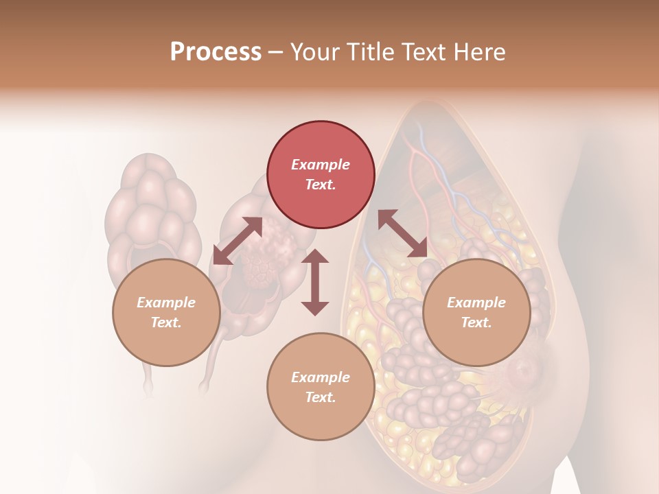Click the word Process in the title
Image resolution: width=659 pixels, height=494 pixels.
216,52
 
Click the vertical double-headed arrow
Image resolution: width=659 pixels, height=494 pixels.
315,282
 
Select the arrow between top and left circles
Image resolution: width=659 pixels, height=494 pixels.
238,241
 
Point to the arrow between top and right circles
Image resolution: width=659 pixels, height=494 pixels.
402,234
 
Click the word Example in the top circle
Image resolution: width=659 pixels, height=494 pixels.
321,165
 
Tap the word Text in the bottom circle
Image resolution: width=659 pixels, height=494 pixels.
321,397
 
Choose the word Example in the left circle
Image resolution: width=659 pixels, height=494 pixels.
166,303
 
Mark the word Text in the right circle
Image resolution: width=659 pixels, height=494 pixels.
476,322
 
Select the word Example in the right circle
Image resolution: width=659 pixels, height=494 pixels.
476,303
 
